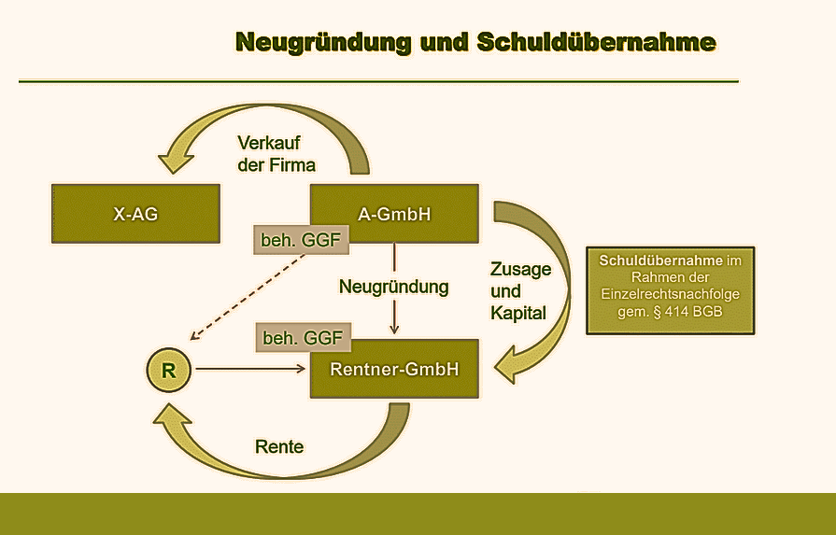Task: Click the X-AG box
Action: click(135, 214)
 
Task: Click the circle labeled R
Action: click(169, 369)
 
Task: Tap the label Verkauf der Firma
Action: click(276, 154)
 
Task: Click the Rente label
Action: click(279, 446)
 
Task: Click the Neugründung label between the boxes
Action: click(393, 288)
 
